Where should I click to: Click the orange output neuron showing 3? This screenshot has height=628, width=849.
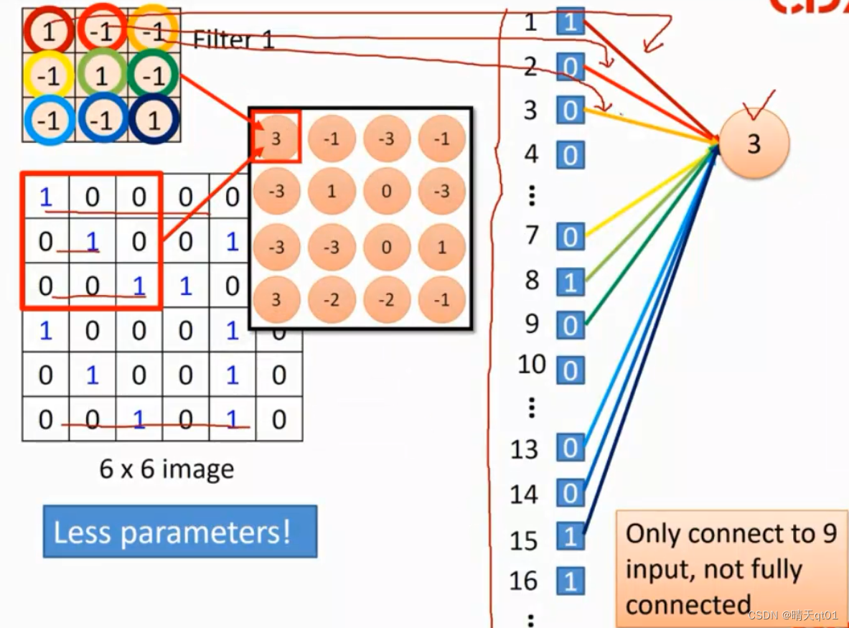[754, 144]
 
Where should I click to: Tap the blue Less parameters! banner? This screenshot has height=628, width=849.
[179, 532]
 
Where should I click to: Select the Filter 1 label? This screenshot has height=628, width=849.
[233, 39]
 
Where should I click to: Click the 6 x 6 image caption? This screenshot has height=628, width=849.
[166, 469]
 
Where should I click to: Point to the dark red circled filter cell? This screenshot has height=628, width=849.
[48, 31]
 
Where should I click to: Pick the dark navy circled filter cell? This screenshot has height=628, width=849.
[154, 119]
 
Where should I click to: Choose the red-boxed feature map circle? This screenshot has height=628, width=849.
[276, 138]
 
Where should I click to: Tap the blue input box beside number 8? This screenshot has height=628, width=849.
[571, 282]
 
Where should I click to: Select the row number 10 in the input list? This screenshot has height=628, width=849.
[532, 365]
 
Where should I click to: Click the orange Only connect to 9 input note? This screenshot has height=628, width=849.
[730, 568]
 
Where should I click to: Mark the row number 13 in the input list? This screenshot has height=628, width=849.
[525, 449]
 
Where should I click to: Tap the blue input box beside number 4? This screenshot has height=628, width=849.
[571, 155]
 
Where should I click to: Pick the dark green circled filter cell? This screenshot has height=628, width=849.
[154, 75]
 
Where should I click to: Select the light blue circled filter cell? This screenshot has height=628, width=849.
[48, 119]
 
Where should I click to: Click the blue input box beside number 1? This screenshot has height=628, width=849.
[571, 23]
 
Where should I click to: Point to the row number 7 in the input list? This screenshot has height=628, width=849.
[532, 235]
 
